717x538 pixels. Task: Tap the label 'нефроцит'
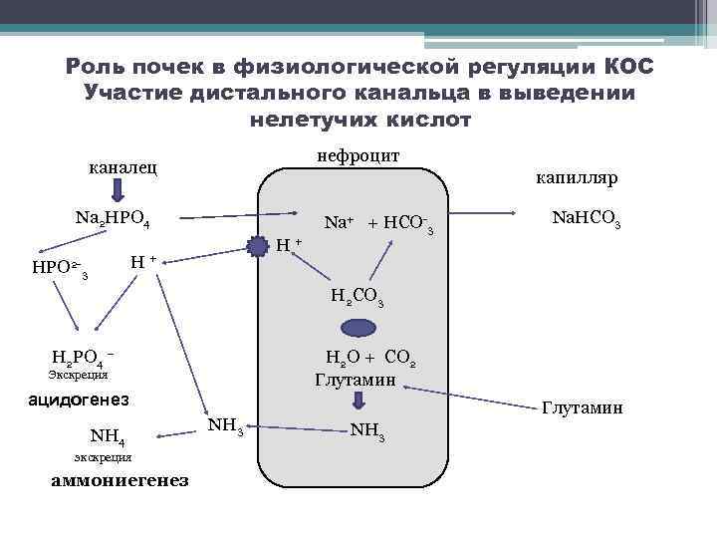[x=358, y=156]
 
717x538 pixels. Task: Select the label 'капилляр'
[x=577, y=177]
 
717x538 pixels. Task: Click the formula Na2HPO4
[x=112, y=218]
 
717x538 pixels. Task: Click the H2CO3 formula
[x=358, y=296]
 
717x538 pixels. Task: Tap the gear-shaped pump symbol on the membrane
[x=259, y=244]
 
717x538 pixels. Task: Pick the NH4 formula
[x=107, y=436]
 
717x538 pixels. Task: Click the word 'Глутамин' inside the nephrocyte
[x=356, y=380]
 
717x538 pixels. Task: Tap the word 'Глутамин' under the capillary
[x=582, y=407]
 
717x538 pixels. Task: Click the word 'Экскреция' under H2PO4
[x=78, y=376]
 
